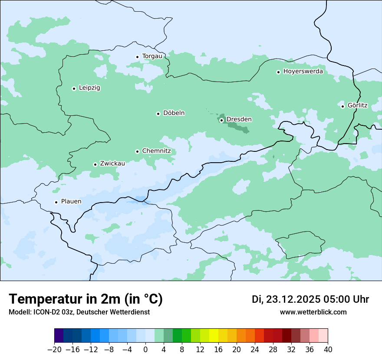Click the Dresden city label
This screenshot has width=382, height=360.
click(x=239, y=119)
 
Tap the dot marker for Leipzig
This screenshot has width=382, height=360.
click(x=74, y=88)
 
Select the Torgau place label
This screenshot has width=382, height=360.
click(x=152, y=56)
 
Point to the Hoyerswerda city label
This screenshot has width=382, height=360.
click(x=303, y=72)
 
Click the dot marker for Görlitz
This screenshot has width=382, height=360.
click(x=342, y=106)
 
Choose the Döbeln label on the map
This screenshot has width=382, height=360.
click(x=174, y=113)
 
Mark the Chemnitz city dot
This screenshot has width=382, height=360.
click(x=137, y=151)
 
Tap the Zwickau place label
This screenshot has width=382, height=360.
click(x=112, y=164)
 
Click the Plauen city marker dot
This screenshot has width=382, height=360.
click(x=56, y=202)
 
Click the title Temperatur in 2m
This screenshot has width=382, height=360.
click(x=86, y=299)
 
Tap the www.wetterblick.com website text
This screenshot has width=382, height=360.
click(x=313, y=312)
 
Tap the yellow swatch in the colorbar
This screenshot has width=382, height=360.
click(x=214, y=336)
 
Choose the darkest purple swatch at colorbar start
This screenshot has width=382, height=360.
click(x=59, y=336)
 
